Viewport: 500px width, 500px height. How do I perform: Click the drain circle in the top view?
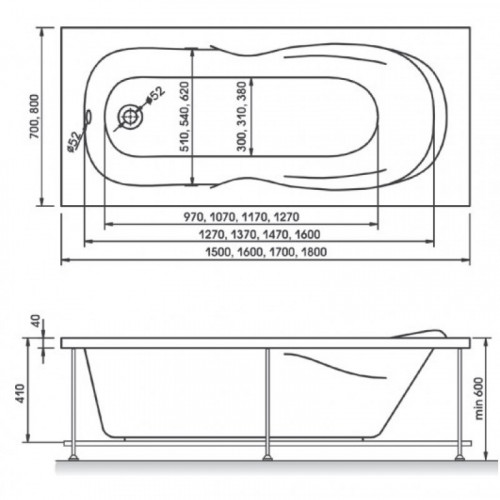tap(130, 117)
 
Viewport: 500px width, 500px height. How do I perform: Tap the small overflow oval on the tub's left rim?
tap(88, 117)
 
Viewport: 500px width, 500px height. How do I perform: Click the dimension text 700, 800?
tap(34, 117)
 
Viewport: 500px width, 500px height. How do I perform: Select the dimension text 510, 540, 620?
tap(184, 116)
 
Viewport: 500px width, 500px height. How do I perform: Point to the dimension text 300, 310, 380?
tap(241, 116)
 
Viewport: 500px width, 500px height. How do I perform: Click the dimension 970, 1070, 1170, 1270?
tap(242, 217)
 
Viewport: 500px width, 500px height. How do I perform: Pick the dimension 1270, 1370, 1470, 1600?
tap(259, 235)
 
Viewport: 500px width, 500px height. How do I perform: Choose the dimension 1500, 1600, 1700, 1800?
tap(266, 252)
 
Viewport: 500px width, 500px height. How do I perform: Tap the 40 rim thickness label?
tap(36, 321)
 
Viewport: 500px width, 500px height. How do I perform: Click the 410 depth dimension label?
tap(21, 394)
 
